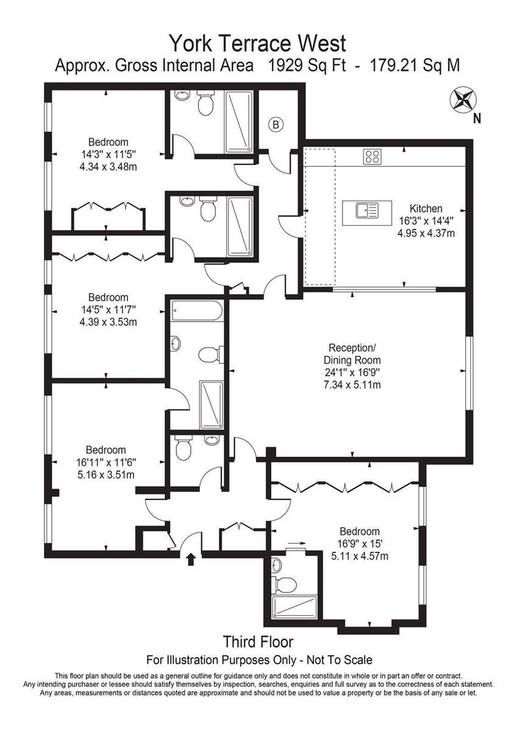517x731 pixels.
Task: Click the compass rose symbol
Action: pyautogui.click(x=463, y=99)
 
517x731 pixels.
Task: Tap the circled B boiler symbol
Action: pyautogui.click(x=276, y=125)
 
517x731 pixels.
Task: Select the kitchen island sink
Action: pyautogui.click(x=367, y=210)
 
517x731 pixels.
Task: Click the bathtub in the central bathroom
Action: pyautogui.click(x=198, y=311)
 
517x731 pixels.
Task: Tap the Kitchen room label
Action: pyautogui.click(x=426, y=208)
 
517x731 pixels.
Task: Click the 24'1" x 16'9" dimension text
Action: pyautogui.click(x=352, y=372)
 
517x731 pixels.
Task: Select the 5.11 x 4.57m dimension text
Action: pyautogui.click(x=359, y=556)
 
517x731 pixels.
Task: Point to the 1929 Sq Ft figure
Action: pyautogui.click(x=307, y=65)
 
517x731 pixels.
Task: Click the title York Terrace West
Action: pyautogui.click(x=258, y=43)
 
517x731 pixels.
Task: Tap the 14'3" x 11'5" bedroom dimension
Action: pyautogui.click(x=108, y=154)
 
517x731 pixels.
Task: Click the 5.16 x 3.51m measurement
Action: pyautogui.click(x=106, y=475)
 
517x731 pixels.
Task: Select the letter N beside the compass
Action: pyautogui.click(x=477, y=119)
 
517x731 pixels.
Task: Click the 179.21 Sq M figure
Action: pyautogui.click(x=415, y=65)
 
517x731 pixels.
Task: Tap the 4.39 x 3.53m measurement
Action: pyautogui.click(x=108, y=322)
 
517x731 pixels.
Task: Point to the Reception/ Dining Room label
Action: pyautogui.click(x=352, y=354)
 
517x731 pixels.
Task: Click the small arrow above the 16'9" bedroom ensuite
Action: pyautogui.click(x=296, y=543)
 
